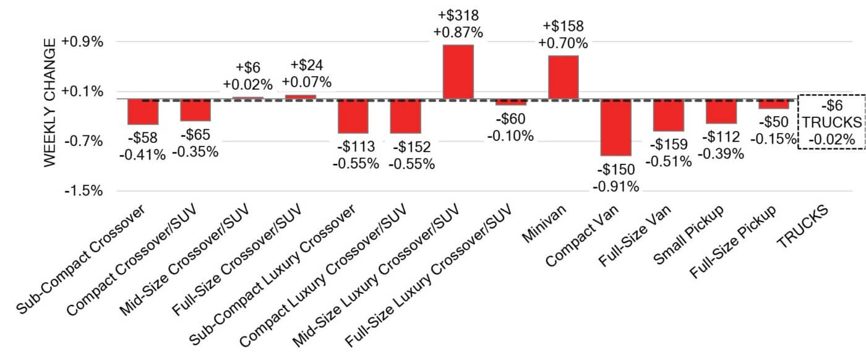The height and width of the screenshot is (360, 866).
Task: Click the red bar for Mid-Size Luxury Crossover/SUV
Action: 458,72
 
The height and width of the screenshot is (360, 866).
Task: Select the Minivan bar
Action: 564,77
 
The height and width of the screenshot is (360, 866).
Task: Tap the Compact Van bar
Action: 616,127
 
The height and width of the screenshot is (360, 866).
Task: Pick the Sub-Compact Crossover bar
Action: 143,112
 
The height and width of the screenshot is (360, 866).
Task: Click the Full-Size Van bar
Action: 669,115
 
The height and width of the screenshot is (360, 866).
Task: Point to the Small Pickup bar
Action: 721,111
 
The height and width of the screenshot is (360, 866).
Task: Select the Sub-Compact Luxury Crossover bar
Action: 353,116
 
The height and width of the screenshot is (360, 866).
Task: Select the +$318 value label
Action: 458,15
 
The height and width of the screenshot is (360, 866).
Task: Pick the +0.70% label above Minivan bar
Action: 563,43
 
